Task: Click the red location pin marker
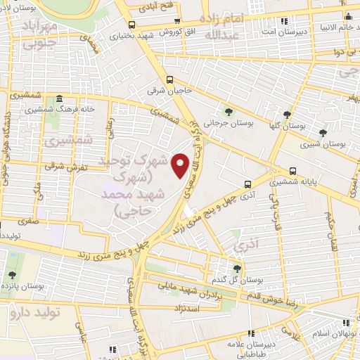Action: (x=181, y=165)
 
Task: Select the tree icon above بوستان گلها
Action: (x=287, y=114)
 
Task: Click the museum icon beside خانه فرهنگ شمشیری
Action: (x=59, y=98)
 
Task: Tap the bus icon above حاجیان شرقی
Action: (x=169, y=79)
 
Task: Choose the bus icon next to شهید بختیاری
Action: (x=176, y=22)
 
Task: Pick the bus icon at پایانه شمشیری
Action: (x=292, y=170)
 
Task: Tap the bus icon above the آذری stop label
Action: (x=247, y=184)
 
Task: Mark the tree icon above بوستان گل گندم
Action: (x=237, y=268)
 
